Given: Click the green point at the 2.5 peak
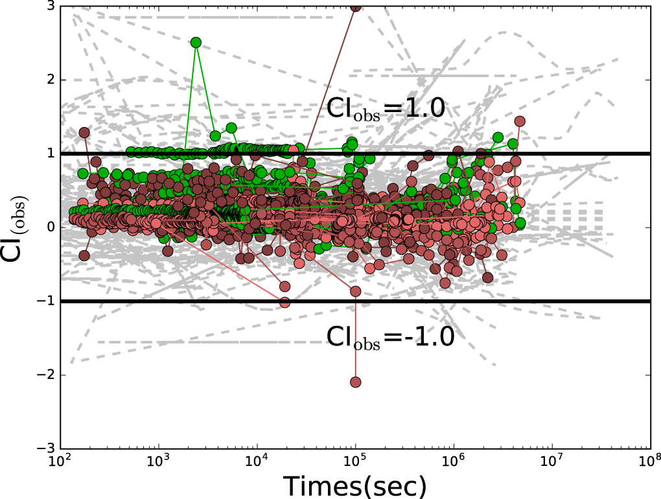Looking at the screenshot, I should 196,43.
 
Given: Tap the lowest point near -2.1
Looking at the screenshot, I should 355,382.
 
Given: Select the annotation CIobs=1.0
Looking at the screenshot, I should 386,108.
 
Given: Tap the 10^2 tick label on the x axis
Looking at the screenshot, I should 60,461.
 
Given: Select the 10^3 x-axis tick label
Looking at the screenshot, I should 159,461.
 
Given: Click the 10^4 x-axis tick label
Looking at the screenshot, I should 257,461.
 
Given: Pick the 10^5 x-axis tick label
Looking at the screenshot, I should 355,461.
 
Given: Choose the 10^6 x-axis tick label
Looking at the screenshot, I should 454,461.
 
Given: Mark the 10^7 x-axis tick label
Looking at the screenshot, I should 552,461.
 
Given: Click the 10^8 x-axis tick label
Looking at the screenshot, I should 648,461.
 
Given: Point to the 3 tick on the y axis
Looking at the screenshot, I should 49,6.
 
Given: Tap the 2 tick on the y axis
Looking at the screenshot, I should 49,80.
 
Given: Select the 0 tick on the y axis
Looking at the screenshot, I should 49,227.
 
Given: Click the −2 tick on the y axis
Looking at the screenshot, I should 45,375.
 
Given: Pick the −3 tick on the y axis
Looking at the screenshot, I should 45,448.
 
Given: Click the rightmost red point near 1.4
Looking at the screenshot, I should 519,121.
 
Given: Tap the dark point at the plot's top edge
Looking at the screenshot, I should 355,7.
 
